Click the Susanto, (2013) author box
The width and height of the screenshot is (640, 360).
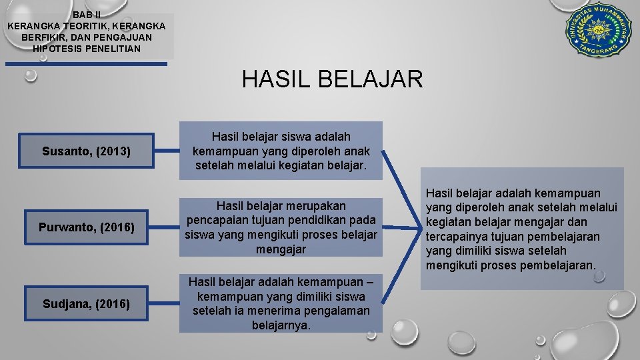click(86, 151)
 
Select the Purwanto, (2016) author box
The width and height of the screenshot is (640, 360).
click(86, 228)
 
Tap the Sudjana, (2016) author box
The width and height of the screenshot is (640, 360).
click(86, 304)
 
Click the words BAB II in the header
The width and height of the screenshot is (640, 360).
click(87, 14)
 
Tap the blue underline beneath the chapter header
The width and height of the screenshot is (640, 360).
click(86, 64)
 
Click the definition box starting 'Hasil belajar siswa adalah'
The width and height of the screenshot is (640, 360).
click(281, 151)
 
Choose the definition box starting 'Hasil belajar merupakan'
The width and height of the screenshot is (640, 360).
click(281, 227)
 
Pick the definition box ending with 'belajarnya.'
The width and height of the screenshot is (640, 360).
click(281, 303)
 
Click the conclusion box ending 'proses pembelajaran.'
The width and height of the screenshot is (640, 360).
click(521, 229)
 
